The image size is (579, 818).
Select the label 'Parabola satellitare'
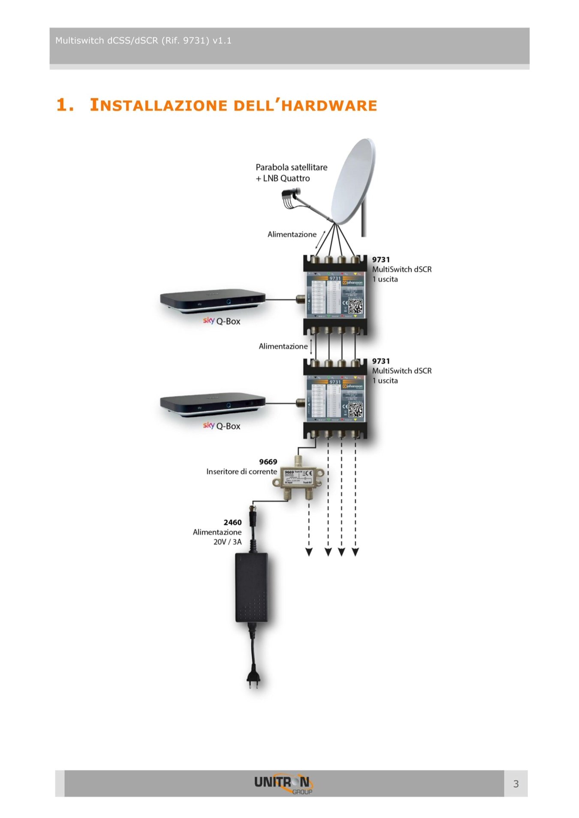pos(291,167)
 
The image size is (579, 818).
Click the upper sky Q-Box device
pos(213,300)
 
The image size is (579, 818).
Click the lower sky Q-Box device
pos(213,404)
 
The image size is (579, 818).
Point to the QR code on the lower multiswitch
pos(356,410)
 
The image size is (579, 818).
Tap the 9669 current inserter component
pos(299,478)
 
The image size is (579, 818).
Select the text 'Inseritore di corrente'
pos(241,472)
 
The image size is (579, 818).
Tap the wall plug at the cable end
pos(253,679)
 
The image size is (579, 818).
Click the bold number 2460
pos(232,522)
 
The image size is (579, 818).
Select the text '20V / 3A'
pos(227,542)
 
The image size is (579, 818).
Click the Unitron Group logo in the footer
pos(283,784)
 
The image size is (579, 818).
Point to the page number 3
pos(516,784)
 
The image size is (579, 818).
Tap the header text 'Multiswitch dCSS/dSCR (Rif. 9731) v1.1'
pos(143,41)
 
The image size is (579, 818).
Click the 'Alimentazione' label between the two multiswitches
pos(283,346)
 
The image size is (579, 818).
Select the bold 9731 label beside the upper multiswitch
pos(381,259)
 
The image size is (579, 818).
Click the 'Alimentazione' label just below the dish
pos(292,235)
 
